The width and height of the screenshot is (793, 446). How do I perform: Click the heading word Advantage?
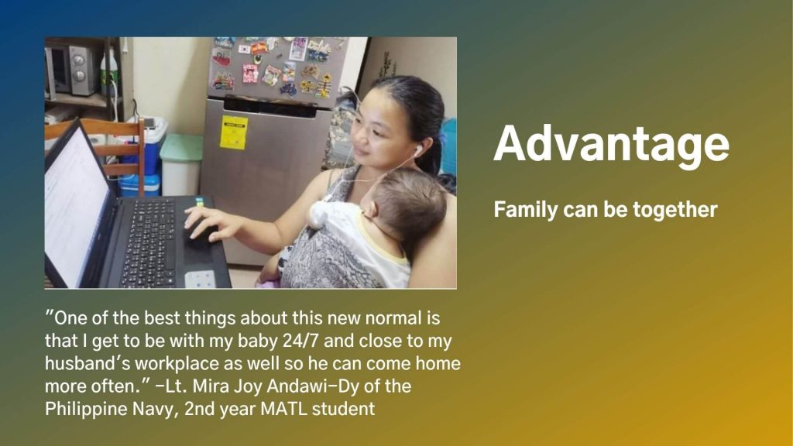click(x=612, y=145)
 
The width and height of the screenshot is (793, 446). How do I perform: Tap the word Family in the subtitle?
click(x=526, y=209)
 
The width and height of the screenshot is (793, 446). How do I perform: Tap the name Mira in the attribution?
click(x=212, y=386)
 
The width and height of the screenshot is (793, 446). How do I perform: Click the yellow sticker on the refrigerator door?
click(x=234, y=132)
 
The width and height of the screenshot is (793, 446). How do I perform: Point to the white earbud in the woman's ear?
click(x=418, y=149)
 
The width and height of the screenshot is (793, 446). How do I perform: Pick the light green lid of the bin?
click(x=181, y=146)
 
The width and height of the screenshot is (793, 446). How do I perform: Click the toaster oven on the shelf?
click(x=70, y=70)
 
